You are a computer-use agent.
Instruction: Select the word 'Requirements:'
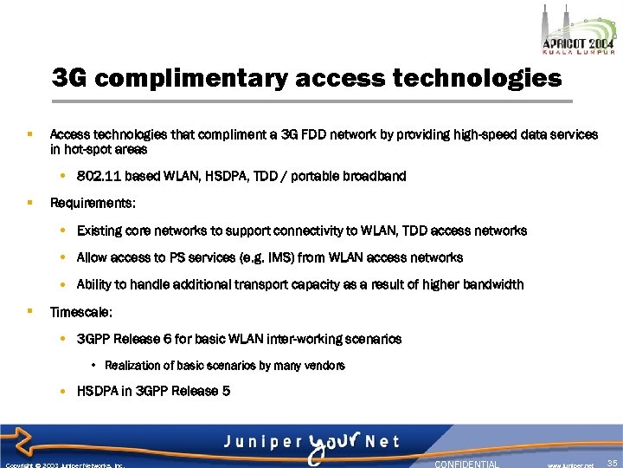click(x=93, y=204)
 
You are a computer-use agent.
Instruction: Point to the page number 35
click(x=613, y=464)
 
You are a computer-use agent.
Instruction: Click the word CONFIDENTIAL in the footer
click(x=466, y=464)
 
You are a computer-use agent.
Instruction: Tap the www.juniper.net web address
click(x=569, y=465)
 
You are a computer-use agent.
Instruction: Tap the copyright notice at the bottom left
click(x=65, y=465)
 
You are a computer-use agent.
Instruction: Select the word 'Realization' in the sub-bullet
click(x=132, y=366)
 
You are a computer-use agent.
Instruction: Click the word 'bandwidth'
click(x=493, y=284)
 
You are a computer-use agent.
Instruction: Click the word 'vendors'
click(x=326, y=366)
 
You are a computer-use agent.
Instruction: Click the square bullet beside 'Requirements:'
click(x=29, y=203)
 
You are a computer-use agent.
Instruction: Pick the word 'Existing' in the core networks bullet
click(x=100, y=231)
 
